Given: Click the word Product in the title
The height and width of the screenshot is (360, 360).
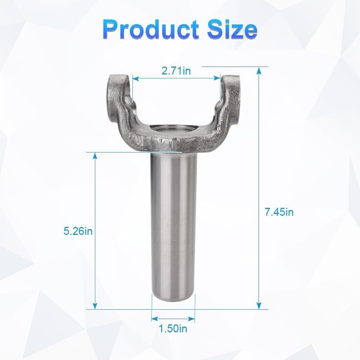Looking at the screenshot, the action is point(151,29).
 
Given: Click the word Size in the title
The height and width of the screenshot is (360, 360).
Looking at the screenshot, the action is point(232,29).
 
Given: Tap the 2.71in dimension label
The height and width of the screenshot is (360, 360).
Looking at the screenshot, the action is point(176,71).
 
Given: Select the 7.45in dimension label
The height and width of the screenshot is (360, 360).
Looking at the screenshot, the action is point(279,212).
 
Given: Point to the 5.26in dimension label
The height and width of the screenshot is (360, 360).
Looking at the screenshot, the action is point(78,231).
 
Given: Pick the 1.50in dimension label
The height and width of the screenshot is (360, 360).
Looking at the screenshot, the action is point(173,328).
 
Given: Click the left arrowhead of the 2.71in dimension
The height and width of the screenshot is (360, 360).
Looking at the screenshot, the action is point(136,78).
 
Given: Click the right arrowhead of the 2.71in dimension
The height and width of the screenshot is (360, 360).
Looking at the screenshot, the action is point(217,78).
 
